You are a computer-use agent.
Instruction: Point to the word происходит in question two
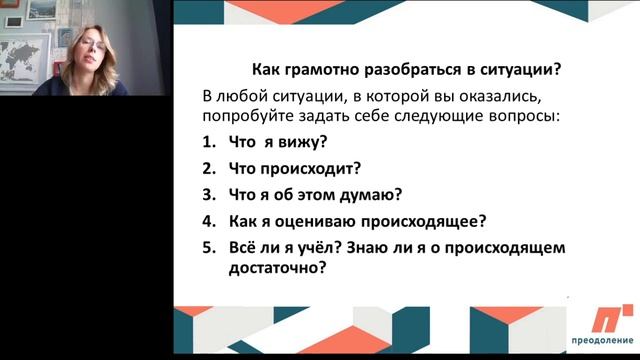coord(305,168)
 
